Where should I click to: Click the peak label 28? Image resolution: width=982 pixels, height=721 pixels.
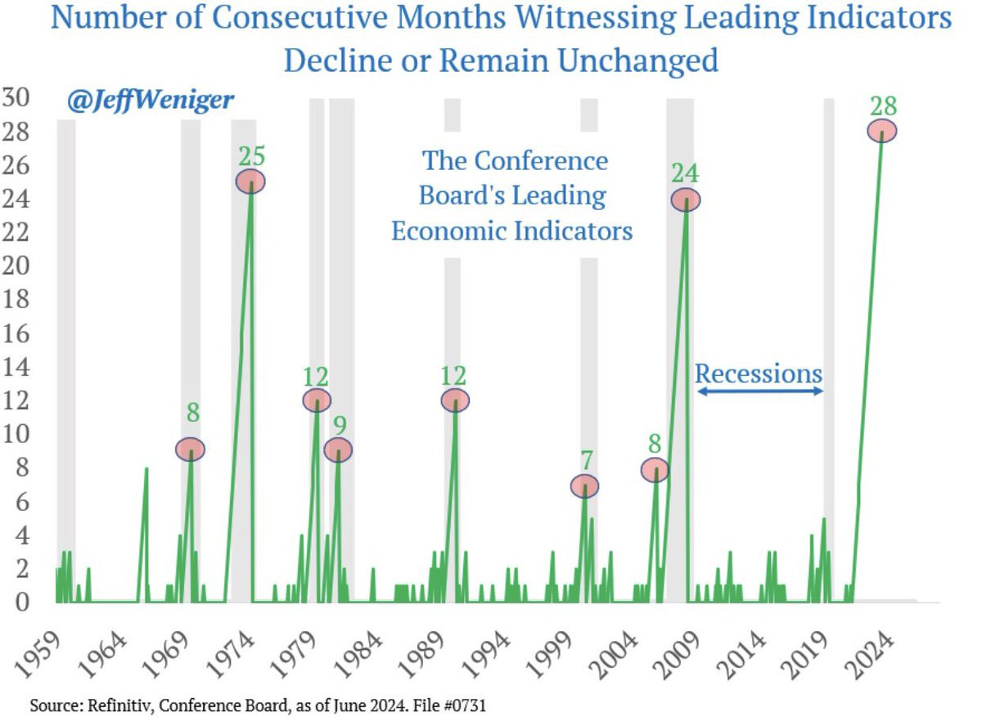(x=883, y=106)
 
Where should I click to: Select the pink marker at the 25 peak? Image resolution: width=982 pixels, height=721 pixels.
(x=250, y=181)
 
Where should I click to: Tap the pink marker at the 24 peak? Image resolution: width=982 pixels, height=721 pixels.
(x=686, y=199)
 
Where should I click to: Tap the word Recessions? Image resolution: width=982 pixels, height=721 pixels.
(x=758, y=374)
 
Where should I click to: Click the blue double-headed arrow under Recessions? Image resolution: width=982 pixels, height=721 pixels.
(x=759, y=392)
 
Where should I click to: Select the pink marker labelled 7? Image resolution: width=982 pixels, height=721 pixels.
(x=584, y=486)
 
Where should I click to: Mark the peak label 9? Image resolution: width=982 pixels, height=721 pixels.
(x=338, y=425)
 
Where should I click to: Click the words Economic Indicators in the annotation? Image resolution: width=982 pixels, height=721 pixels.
(x=511, y=231)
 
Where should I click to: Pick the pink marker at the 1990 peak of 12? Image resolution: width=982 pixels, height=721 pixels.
(x=456, y=401)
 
